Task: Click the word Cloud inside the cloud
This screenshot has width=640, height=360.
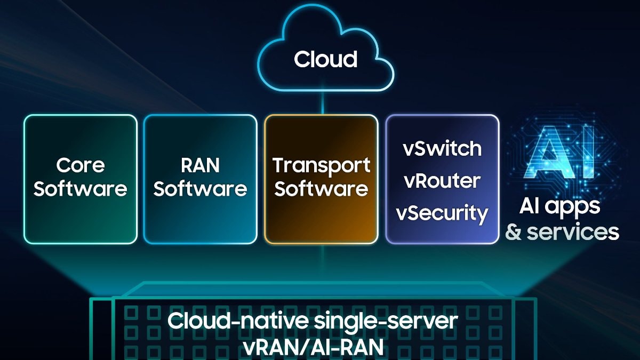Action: click(x=325, y=59)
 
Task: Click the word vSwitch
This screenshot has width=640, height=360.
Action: click(x=442, y=148)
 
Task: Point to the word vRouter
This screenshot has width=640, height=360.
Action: click(x=442, y=181)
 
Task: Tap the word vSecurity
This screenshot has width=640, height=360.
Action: click(x=442, y=213)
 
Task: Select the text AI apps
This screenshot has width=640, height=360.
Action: click(x=560, y=206)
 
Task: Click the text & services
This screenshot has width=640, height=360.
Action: click(x=562, y=232)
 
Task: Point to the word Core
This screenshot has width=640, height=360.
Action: click(x=80, y=165)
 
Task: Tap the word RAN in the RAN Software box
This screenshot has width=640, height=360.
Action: click(x=200, y=165)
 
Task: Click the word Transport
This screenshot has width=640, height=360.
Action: click(x=321, y=165)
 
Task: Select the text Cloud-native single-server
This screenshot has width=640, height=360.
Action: click(x=313, y=322)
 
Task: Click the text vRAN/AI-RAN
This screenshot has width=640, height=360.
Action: click(x=313, y=346)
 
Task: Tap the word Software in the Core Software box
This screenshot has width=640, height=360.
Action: click(x=80, y=189)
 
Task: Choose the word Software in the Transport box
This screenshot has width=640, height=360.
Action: click(x=321, y=189)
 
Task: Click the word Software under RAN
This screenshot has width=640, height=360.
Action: click(x=200, y=189)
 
